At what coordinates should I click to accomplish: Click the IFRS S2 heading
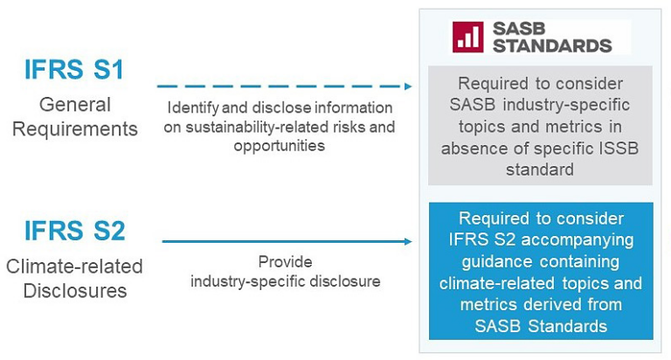click(74, 231)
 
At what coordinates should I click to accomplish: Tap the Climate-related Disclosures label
click(74, 278)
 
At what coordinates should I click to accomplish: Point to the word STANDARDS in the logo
click(552, 45)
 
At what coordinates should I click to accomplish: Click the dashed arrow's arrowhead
click(408, 87)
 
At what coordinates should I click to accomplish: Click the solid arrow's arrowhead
click(408, 241)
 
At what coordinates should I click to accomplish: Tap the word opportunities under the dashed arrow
click(279, 146)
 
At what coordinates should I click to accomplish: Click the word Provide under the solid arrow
click(285, 261)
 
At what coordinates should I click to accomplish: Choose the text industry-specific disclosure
click(285, 280)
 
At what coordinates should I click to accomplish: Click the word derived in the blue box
click(564, 305)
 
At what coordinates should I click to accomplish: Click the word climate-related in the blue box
click(495, 283)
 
